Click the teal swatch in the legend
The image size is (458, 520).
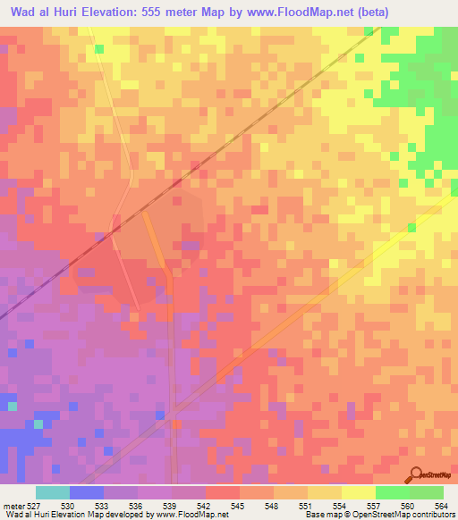pos(52,492)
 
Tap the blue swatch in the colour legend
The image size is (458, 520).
pos(86,492)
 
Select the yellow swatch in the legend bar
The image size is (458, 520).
pos(358,492)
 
